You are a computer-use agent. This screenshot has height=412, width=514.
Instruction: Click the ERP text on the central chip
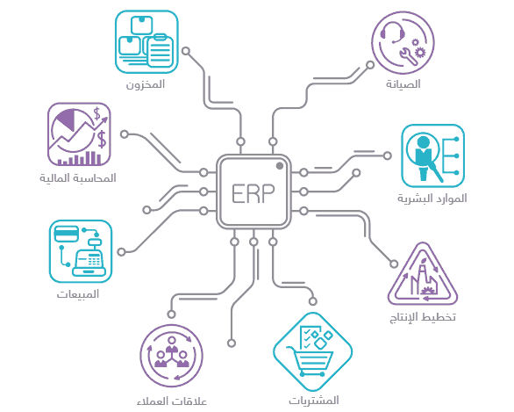tap(253, 193)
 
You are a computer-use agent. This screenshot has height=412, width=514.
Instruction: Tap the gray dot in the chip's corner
tap(280, 166)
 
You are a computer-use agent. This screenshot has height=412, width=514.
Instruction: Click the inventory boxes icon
tap(146, 41)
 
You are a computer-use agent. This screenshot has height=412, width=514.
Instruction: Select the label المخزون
tap(146, 84)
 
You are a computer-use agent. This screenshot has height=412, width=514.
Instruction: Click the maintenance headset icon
tap(403, 43)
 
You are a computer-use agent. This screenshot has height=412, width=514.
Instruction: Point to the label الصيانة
tap(403, 84)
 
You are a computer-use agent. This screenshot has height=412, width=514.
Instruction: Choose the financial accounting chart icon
tap(79, 134)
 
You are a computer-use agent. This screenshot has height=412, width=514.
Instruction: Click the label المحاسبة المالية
tap(78, 178)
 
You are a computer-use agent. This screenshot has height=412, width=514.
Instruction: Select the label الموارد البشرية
tap(432, 199)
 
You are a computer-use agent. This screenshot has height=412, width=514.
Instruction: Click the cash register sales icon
tap(81, 251)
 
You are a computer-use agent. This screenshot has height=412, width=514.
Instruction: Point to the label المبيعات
tap(78, 294)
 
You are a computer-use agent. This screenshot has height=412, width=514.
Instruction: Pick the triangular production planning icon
tap(423, 274)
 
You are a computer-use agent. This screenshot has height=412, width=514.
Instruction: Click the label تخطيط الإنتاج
tap(423, 317)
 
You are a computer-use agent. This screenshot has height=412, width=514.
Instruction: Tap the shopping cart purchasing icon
tap(313, 352)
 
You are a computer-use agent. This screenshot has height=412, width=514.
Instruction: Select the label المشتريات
tap(314, 401)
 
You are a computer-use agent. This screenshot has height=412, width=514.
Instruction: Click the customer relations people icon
tap(171, 356)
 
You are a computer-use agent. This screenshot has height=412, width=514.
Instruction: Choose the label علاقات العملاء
tap(172, 401)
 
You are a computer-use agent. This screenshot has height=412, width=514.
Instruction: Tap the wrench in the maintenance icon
tap(408, 55)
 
